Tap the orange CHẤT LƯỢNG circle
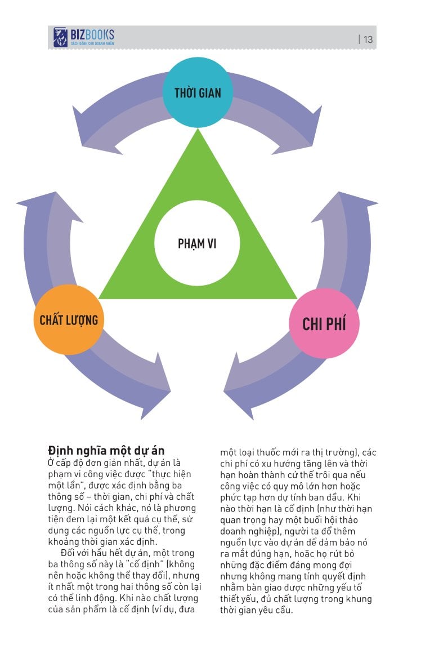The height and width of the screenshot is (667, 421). click(69, 319)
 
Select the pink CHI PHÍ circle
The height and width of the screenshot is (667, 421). click(324, 323)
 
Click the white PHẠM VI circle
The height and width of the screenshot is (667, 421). click(197, 243)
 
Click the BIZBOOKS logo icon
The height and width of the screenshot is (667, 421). click(60, 38)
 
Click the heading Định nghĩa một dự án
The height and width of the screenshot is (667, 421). click(106, 451)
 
